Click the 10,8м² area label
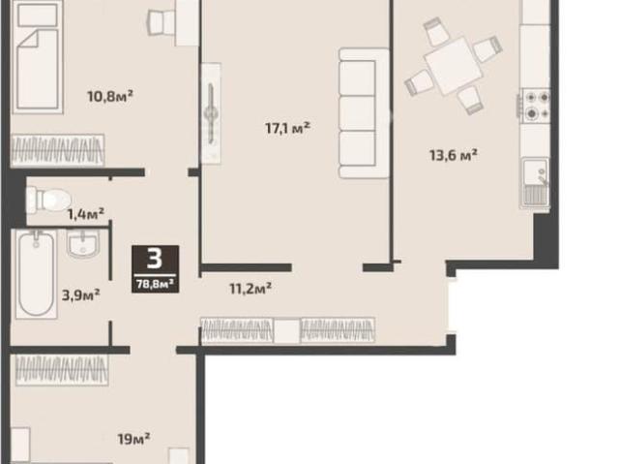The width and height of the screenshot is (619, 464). [109, 96]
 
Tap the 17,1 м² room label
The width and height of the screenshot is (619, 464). [288, 128]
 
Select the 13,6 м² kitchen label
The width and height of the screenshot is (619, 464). [454, 155]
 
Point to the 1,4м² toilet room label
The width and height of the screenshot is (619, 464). [86, 214]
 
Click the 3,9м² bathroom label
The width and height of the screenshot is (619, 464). [81, 294]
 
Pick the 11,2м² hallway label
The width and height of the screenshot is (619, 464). [251, 288]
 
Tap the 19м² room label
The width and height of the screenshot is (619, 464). [133, 438]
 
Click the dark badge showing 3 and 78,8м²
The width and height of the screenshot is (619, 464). [155, 268]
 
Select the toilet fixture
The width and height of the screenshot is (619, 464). [47, 200]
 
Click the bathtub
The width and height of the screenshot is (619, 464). [37, 274]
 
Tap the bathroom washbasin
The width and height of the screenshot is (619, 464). [82, 244]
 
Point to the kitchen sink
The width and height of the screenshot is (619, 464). [535, 183]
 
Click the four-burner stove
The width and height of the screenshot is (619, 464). [536, 106]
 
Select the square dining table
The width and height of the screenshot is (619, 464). [453, 66]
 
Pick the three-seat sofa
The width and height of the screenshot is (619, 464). [364, 113]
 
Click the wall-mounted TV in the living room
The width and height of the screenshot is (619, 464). [211, 113]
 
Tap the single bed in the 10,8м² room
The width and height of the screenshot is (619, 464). [38, 57]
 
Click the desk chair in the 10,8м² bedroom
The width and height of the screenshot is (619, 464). [162, 22]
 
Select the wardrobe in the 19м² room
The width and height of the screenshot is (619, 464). [62, 370]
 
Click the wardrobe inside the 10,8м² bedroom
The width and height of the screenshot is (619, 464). [58, 150]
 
